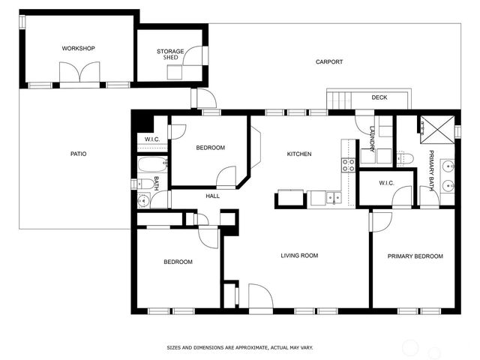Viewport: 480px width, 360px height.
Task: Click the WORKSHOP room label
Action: click(x=78, y=49)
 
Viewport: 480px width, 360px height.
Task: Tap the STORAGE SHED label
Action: click(x=170, y=55)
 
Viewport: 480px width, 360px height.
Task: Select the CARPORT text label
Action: click(x=329, y=62)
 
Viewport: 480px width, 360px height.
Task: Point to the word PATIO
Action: click(x=78, y=154)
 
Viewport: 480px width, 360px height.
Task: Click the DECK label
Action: click(x=379, y=97)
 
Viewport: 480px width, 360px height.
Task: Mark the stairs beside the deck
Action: click(x=340, y=99)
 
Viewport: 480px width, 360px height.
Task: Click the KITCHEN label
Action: click(x=299, y=154)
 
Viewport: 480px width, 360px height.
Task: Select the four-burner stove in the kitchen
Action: click(x=349, y=165)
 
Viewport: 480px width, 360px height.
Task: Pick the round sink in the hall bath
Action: click(x=142, y=200)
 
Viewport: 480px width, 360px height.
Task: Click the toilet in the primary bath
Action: click(x=406, y=157)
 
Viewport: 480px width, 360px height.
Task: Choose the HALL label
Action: click(x=213, y=196)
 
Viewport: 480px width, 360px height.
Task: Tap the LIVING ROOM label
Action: click(x=299, y=256)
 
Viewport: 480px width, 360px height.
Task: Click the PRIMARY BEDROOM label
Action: click(x=415, y=256)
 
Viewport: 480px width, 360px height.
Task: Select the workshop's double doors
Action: click(x=79, y=73)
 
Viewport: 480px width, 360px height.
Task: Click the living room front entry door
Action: click(x=260, y=297)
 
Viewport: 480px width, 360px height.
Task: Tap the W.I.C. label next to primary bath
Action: click(x=387, y=183)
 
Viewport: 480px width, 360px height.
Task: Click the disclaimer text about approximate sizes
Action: click(x=239, y=348)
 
